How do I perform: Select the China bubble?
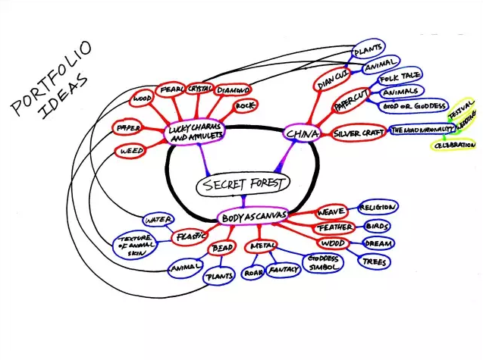300,134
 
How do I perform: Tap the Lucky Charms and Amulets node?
195,133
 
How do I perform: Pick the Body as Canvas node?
254,218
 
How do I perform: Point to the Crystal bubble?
200,89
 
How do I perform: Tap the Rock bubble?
244,107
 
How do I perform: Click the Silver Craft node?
359,134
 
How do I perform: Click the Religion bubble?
377,206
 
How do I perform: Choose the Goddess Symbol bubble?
323,262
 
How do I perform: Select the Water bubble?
159,221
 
